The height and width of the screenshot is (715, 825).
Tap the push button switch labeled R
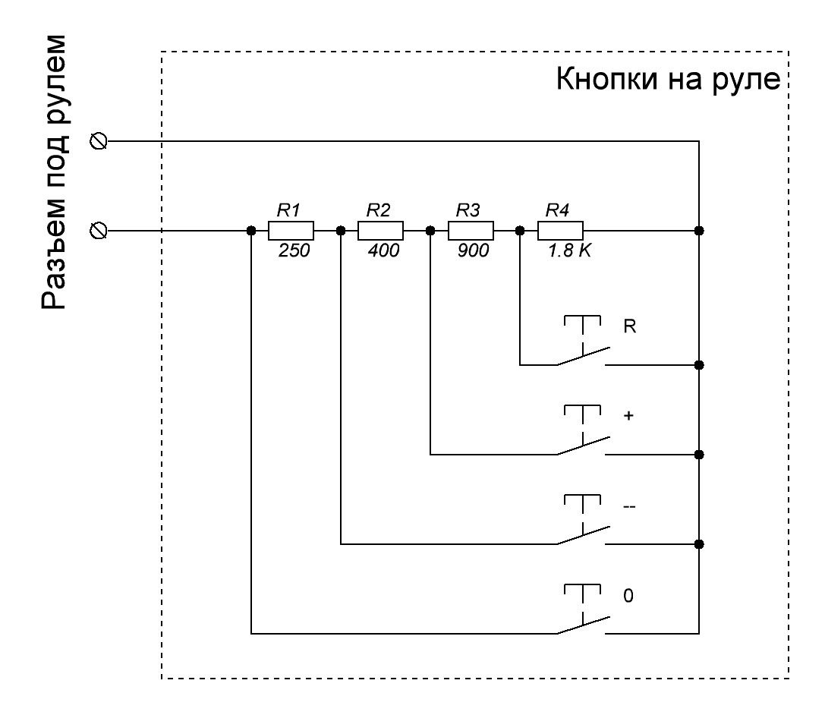[583, 345]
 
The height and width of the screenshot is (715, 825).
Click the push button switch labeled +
[583, 435]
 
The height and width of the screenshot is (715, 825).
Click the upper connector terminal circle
[97, 141]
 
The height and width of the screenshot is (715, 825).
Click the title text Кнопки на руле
[669, 80]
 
